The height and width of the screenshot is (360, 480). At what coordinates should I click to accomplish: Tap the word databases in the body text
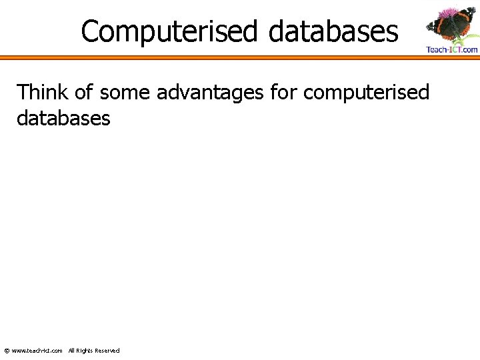63,118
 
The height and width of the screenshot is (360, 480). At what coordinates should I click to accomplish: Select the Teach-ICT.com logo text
452,49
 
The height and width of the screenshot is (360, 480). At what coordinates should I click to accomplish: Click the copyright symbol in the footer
7,351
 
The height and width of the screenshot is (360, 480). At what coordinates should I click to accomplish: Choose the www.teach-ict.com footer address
37,351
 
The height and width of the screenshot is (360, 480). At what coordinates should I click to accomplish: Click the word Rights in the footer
84,351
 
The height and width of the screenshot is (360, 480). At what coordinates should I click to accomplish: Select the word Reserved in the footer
107,351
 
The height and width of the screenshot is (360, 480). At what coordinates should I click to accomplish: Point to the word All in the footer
71,351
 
